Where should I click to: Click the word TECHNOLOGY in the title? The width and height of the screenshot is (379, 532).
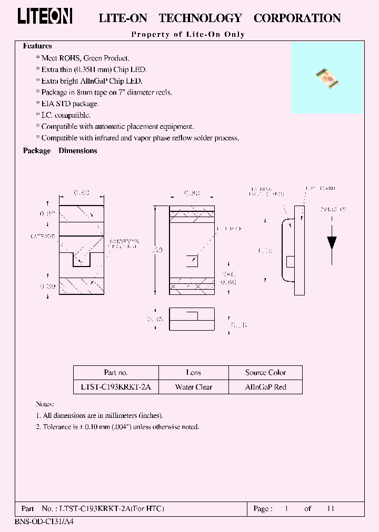tap(200, 18)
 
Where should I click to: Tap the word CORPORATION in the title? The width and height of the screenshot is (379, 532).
tap(297, 18)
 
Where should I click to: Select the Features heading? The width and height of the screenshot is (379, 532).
tap(37, 46)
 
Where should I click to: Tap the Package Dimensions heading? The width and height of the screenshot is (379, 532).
tap(60, 150)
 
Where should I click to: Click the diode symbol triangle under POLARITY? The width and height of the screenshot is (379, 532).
tap(332, 242)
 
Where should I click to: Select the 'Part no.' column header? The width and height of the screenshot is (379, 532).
tap(116, 373)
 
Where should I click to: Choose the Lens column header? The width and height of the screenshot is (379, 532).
tap(193, 373)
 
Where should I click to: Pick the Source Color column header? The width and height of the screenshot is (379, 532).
tap(265, 373)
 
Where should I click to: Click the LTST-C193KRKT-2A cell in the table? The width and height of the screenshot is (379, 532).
tap(116, 387)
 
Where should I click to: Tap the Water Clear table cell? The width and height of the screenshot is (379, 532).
tap(193, 387)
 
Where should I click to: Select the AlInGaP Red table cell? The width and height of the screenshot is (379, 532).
tap(265, 387)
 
